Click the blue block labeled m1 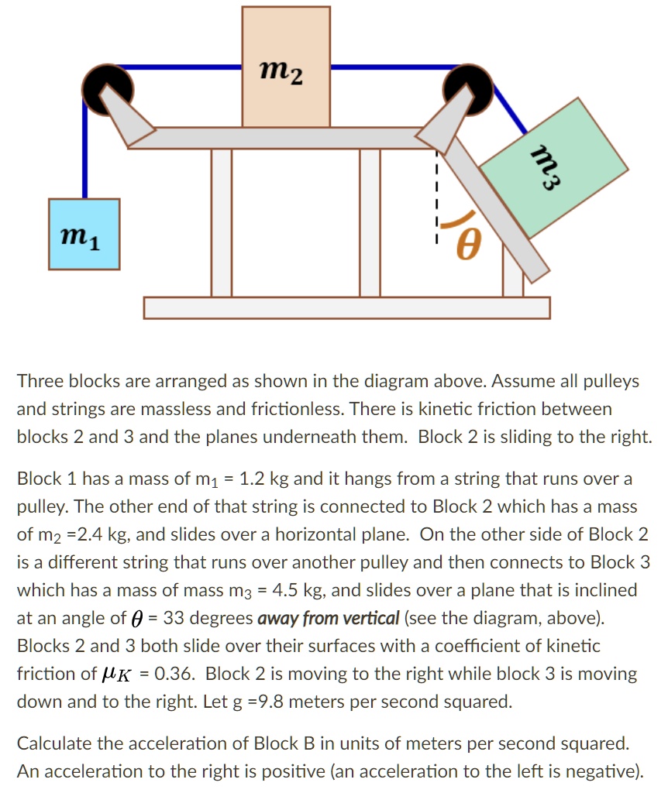84,234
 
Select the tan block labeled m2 285,67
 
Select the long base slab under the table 346,307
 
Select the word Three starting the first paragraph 39,381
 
